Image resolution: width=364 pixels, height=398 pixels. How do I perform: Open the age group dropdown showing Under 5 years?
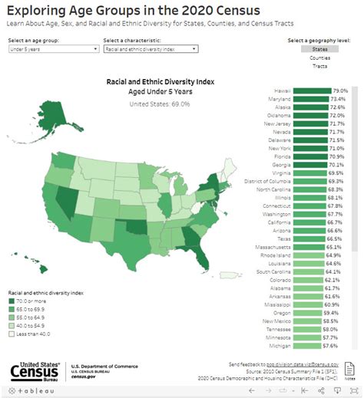point(51,48)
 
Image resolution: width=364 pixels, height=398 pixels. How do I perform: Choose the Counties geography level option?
point(320,58)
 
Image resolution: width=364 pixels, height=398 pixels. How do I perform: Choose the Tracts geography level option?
point(320,66)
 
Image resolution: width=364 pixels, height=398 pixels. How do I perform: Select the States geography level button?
point(320,49)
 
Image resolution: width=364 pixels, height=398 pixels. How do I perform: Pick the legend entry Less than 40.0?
point(31,334)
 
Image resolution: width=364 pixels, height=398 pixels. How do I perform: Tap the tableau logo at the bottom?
point(32,391)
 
